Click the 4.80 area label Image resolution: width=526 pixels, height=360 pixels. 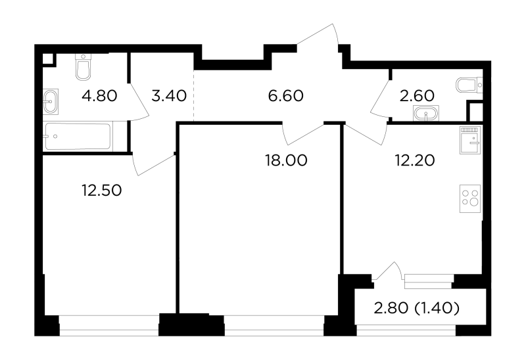pyautogui.click(x=99, y=96)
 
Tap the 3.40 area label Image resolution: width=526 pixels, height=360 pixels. pyautogui.click(x=169, y=96)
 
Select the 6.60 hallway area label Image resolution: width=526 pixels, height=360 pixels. pyautogui.click(x=286, y=96)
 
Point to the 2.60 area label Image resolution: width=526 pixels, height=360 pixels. pyautogui.click(x=417, y=96)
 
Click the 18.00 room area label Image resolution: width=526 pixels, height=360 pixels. pyautogui.click(x=286, y=160)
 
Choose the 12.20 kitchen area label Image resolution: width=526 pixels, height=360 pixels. pyautogui.click(x=415, y=160)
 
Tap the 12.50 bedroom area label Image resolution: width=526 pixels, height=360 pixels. pyautogui.click(x=102, y=191)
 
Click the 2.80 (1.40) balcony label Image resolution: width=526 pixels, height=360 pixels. pyautogui.click(x=416, y=308)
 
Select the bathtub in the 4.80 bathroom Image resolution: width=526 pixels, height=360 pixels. pyautogui.click(x=78, y=137)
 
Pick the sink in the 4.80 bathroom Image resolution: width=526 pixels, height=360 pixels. pyautogui.click(x=51, y=100)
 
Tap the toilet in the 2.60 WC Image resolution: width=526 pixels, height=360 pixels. pyautogui.click(x=469, y=85)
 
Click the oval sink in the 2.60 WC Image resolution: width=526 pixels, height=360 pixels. pyautogui.click(x=426, y=112)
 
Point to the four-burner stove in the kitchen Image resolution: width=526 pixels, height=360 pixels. pyautogui.click(x=471, y=198)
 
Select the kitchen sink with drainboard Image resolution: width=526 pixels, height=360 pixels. pyautogui.click(x=471, y=140)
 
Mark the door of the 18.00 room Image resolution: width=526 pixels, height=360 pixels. pyautogui.click(x=303, y=135)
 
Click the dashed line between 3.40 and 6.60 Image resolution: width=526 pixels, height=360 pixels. pyautogui.click(x=194, y=95)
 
